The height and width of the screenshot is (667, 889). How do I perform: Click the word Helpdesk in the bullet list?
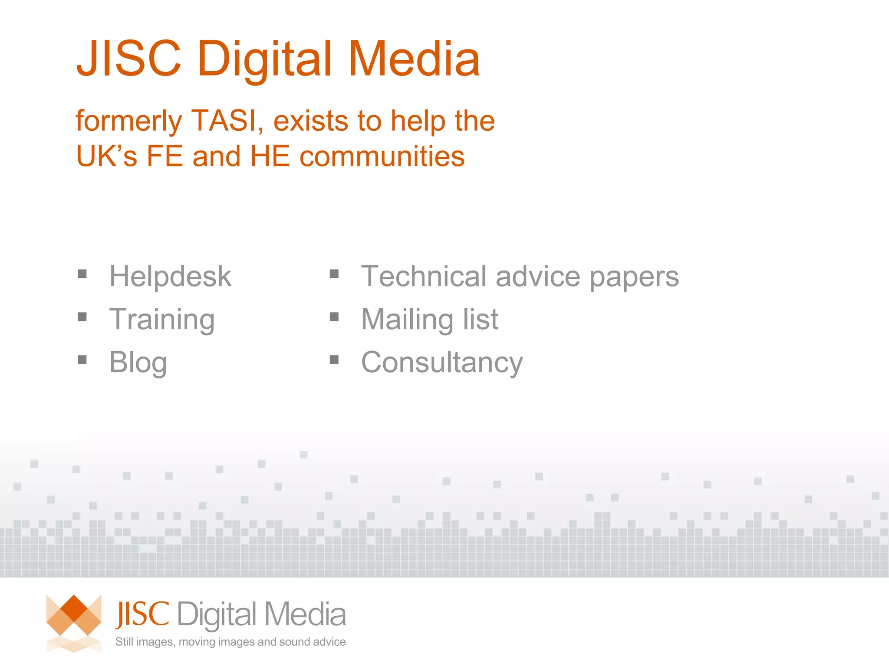(170, 276)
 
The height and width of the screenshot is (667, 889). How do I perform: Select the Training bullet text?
(162, 320)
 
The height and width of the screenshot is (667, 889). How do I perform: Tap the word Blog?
(138, 362)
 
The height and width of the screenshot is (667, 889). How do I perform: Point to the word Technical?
(424, 276)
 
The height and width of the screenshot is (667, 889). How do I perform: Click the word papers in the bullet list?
(634, 277)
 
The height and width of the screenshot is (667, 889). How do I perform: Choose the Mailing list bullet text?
(430, 319)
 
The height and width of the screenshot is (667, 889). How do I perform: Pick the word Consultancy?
(442, 362)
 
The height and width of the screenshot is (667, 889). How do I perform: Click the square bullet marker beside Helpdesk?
(82, 274)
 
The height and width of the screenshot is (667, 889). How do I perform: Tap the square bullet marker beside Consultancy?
(334, 360)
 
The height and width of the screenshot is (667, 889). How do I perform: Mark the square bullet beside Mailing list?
(334, 317)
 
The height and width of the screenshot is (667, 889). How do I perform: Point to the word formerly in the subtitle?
(128, 121)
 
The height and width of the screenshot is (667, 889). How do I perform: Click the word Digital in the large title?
(265, 59)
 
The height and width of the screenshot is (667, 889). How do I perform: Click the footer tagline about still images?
(230, 642)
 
